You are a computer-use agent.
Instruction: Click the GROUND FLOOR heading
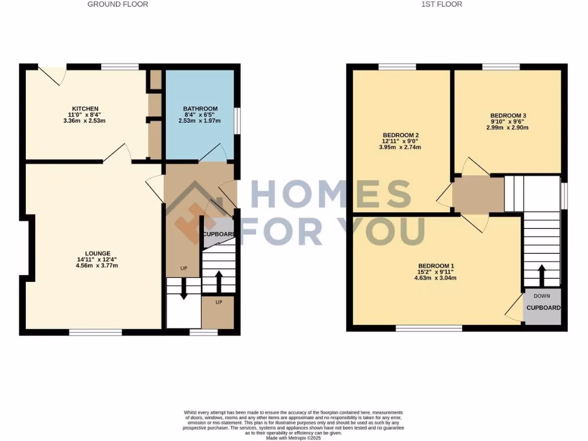click(x=117, y=4)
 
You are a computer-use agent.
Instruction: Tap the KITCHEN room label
click(x=85, y=109)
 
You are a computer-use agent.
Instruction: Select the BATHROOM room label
click(x=200, y=109)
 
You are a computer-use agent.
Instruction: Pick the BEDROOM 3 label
click(x=508, y=116)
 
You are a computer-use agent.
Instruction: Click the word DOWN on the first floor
click(x=541, y=296)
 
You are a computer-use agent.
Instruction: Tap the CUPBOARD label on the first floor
click(x=543, y=308)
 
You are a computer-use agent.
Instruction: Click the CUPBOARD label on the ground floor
click(x=218, y=234)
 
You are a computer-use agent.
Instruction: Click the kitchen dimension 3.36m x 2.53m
click(x=85, y=121)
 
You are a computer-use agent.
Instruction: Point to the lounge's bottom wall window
click(x=95, y=332)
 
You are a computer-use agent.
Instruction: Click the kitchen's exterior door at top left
click(x=52, y=75)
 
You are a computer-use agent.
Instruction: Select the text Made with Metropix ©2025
click(x=293, y=438)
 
